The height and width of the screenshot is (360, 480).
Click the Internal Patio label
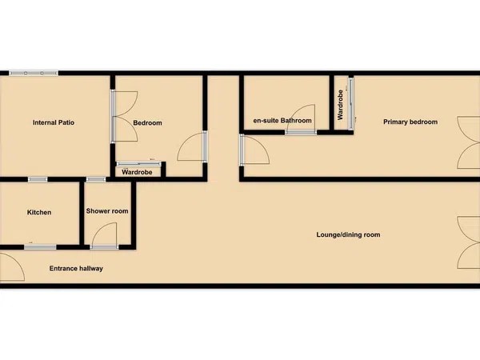(54, 122)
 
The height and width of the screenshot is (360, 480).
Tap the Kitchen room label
(39, 212)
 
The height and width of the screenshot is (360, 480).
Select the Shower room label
(107, 211)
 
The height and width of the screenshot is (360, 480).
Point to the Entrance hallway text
(76, 269)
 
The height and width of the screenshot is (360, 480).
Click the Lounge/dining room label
(348, 234)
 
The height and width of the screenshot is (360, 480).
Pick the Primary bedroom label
(410, 122)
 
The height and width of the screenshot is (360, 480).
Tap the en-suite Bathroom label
(282, 121)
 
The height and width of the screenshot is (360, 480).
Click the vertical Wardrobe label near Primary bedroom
(340, 105)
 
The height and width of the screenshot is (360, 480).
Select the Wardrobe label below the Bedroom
(137, 172)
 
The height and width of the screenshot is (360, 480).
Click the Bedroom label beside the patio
(147, 122)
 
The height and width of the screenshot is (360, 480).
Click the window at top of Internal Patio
(34, 73)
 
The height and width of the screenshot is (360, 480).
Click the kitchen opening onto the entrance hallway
(40, 247)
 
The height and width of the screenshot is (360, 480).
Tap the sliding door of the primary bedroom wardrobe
(351, 104)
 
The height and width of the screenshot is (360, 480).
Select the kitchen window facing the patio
(38, 179)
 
